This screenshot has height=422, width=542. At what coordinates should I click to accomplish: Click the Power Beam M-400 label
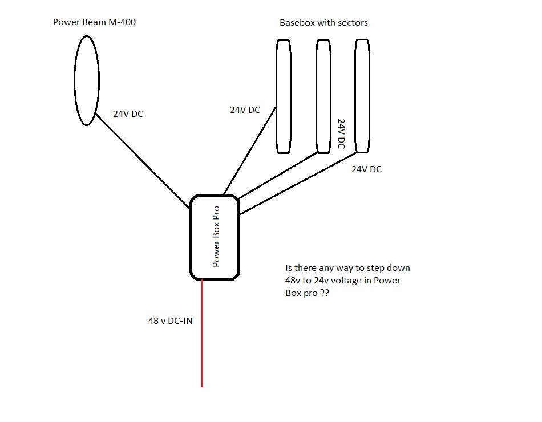coord(94,23)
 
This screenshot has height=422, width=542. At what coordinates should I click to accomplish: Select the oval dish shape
coord(87,80)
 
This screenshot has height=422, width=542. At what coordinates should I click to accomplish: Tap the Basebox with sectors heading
coord(323,23)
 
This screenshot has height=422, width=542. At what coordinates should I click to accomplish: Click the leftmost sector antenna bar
coord(284,96)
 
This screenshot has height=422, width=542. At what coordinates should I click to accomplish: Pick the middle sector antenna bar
coord(323,96)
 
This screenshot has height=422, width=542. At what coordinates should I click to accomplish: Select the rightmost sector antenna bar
coord(362,96)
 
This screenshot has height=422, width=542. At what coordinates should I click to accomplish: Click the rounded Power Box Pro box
coord(215,237)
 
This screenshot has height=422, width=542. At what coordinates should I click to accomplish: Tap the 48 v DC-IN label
coord(171,321)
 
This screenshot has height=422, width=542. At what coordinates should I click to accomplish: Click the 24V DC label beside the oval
coord(128,114)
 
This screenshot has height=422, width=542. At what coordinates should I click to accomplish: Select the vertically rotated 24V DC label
coord(342,134)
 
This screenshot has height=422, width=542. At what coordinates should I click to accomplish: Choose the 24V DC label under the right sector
coord(366,169)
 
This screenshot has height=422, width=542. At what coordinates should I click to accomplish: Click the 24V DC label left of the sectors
coord(245,109)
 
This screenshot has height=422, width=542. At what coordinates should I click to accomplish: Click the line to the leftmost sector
coord(249,151)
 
